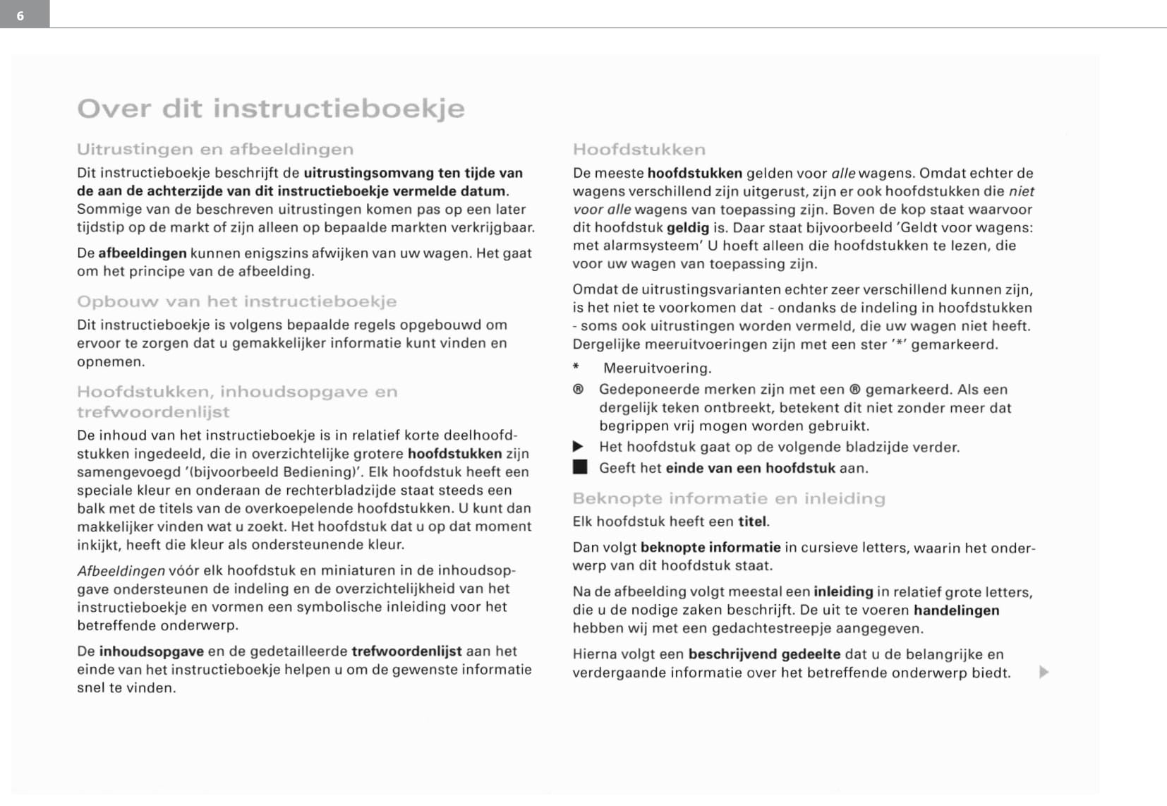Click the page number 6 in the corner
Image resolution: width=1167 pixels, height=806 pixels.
[20, 16]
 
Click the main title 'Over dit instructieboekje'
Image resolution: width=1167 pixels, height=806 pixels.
[271, 109]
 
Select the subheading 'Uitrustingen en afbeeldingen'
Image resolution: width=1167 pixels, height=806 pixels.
[215, 150]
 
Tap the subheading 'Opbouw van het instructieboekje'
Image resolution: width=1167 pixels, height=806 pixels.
[236, 302]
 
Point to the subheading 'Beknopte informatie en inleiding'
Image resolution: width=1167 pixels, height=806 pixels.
[729, 499]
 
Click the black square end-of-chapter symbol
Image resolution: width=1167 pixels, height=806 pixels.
[579, 468]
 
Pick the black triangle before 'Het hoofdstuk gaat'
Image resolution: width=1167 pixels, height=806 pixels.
[578, 447]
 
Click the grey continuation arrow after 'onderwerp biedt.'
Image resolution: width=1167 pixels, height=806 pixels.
[1044, 673]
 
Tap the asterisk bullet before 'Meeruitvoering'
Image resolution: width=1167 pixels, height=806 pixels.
[576, 367]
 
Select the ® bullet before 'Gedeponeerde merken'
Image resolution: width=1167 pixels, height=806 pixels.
[578, 390]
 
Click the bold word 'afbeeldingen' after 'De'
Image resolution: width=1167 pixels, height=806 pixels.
[143, 253]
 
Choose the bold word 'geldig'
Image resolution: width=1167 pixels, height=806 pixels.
[688, 228]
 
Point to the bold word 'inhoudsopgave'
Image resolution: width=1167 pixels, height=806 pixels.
[151, 651]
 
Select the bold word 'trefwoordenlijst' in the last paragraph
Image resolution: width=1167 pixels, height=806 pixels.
[406, 651]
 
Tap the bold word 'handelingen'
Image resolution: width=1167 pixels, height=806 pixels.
[956, 610]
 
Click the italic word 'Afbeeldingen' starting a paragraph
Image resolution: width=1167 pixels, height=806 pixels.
[121, 571]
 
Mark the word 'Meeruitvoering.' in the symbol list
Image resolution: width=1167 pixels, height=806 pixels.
[658, 368]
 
